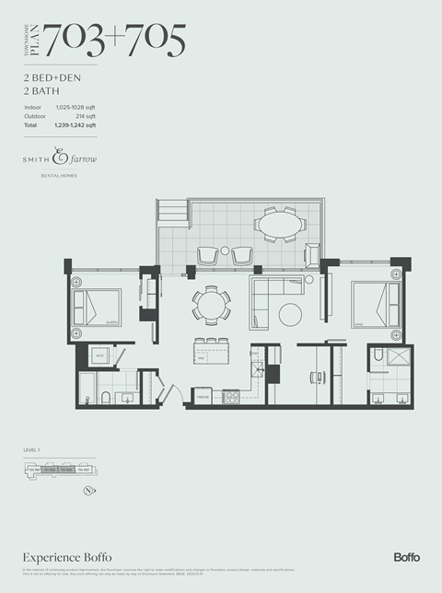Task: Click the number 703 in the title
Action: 78,39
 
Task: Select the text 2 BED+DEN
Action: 54,79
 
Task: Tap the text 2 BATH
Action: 43,92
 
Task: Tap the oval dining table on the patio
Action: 280,224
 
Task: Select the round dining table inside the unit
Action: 211,304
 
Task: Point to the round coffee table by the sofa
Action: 290,313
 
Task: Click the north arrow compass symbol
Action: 88,490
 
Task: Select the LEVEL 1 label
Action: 34,449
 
